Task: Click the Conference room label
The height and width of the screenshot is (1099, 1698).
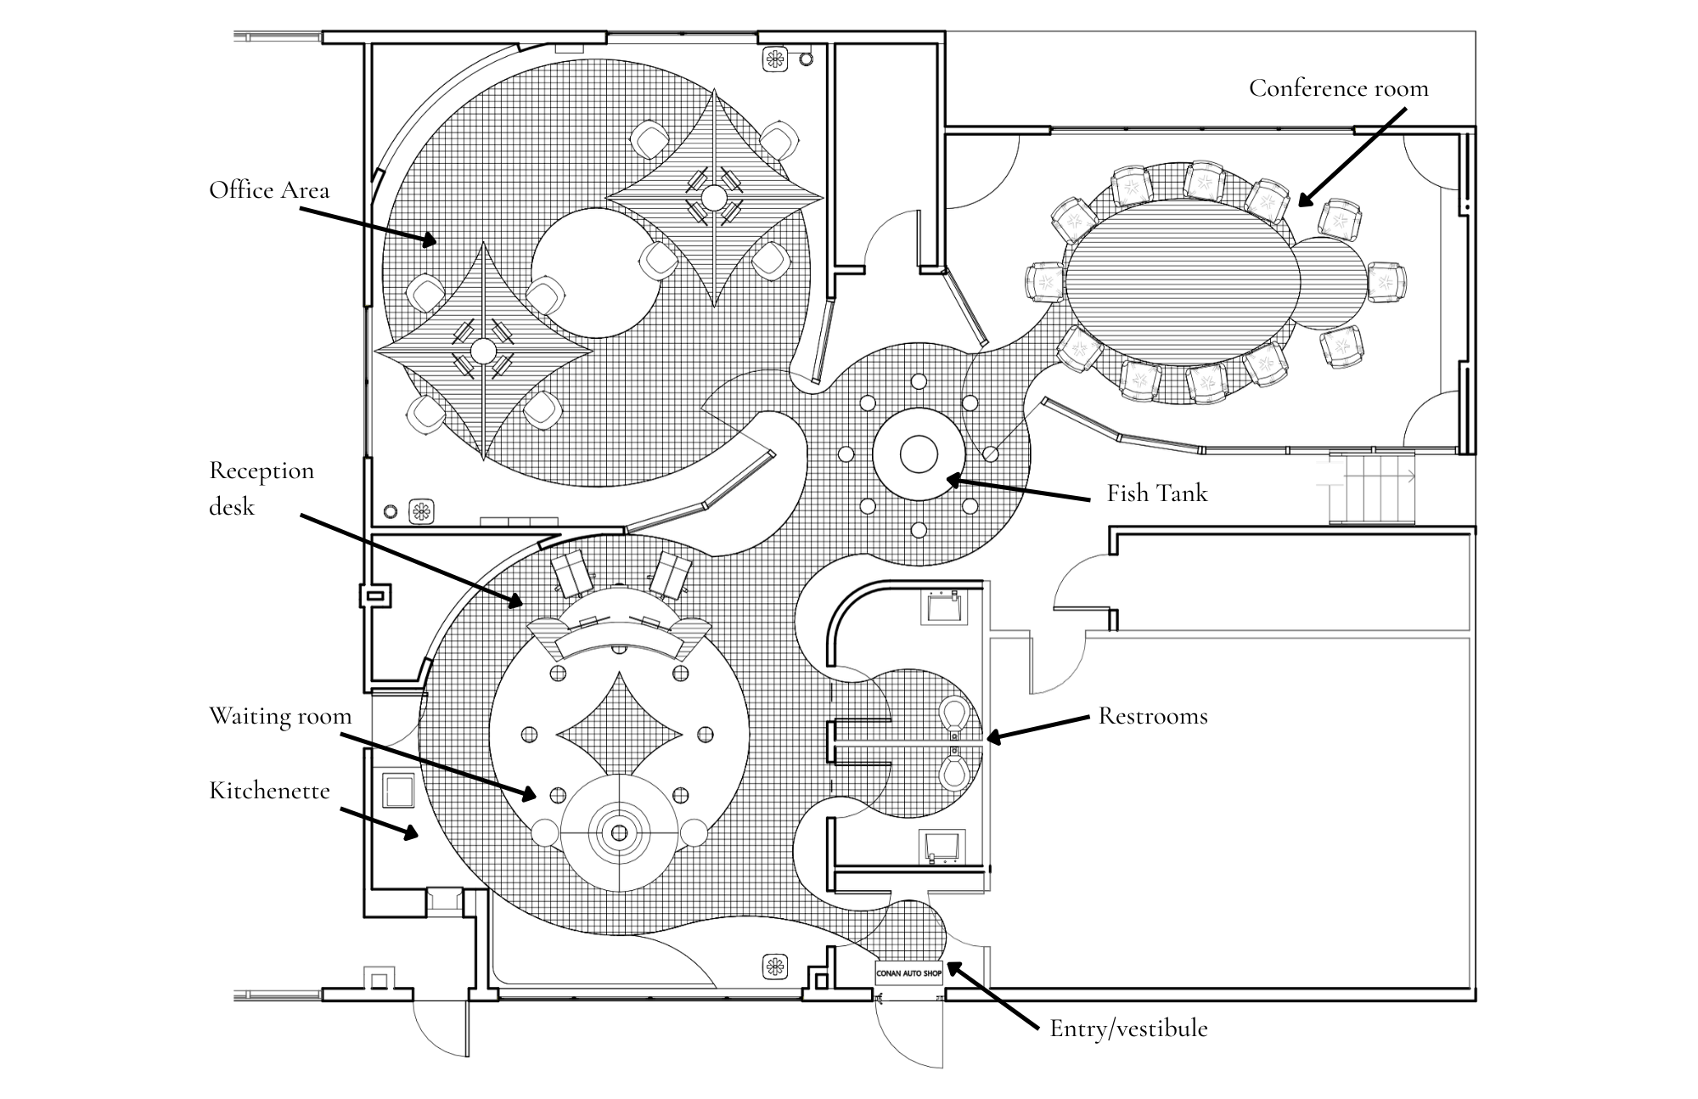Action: click(x=1338, y=89)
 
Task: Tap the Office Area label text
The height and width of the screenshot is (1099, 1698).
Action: click(x=269, y=190)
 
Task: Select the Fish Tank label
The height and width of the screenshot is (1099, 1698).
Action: click(x=1156, y=493)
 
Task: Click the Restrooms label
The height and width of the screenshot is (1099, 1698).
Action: click(x=1152, y=716)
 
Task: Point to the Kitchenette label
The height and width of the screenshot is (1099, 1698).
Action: click(x=269, y=791)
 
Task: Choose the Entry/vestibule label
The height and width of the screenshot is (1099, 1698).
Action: click(x=1128, y=1029)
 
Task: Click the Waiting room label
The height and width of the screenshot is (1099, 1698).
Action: click(x=280, y=716)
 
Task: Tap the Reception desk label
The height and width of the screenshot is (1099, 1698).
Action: click(x=261, y=488)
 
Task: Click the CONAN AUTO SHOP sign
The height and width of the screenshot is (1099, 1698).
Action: click(x=908, y=973)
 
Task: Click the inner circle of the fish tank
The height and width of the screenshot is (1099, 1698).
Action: click(x=918, y=454)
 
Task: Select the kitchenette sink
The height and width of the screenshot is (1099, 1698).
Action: click(x=398, y=791)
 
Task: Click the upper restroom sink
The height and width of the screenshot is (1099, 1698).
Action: click(x=945, y=606)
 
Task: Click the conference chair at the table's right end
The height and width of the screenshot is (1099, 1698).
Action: click(x=1386, y=282)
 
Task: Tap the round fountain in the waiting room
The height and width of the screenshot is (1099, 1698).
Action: click(x=620, y=831)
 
